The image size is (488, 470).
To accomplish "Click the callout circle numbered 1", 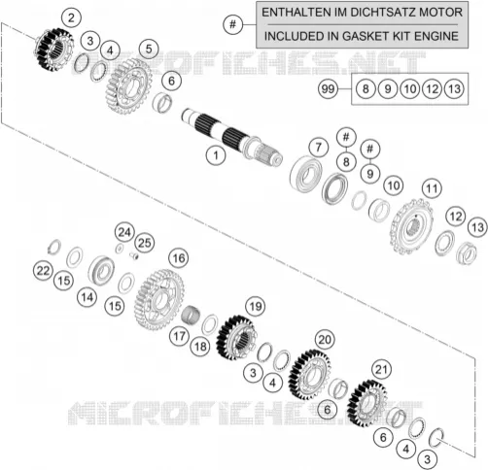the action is [x=216, y=155].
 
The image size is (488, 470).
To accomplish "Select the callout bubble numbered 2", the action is [x=71, y=17].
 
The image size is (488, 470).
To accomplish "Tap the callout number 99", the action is [x=328, y=88].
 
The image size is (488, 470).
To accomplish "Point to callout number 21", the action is [x=381, y=369].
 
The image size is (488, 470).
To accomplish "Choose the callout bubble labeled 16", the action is [x=179, y=258].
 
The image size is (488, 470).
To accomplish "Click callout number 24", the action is [x=124, y=232].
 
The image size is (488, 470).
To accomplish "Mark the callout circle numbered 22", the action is [x=44, y=271].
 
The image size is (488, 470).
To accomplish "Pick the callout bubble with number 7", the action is [x=319, y=148].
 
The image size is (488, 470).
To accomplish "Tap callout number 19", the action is [x=256, y=306].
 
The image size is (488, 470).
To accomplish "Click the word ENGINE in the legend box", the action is [x=436, y=36].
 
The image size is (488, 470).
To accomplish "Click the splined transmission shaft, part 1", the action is [x=231, y=137].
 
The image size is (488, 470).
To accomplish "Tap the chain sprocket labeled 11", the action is [x=412, y=227].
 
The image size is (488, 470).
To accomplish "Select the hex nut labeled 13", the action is [x=467, y=253].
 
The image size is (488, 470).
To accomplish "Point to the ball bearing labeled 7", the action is [x=305, y=174].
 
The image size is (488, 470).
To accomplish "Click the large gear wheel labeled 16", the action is [x=159, y=299].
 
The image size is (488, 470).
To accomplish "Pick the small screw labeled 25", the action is [x=134, y=255].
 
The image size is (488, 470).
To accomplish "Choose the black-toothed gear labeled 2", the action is [x=54, y=50].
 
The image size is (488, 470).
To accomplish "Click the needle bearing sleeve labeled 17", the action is [x=191, y=314].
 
